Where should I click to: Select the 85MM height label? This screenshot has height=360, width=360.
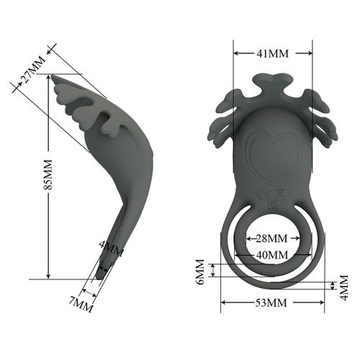point(48,176)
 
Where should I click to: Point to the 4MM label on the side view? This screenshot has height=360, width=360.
point(111,251)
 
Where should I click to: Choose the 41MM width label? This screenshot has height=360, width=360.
point(273,53)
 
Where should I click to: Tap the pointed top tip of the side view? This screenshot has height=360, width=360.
point(53,76)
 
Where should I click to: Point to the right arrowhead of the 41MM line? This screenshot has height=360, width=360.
point(310,53)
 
